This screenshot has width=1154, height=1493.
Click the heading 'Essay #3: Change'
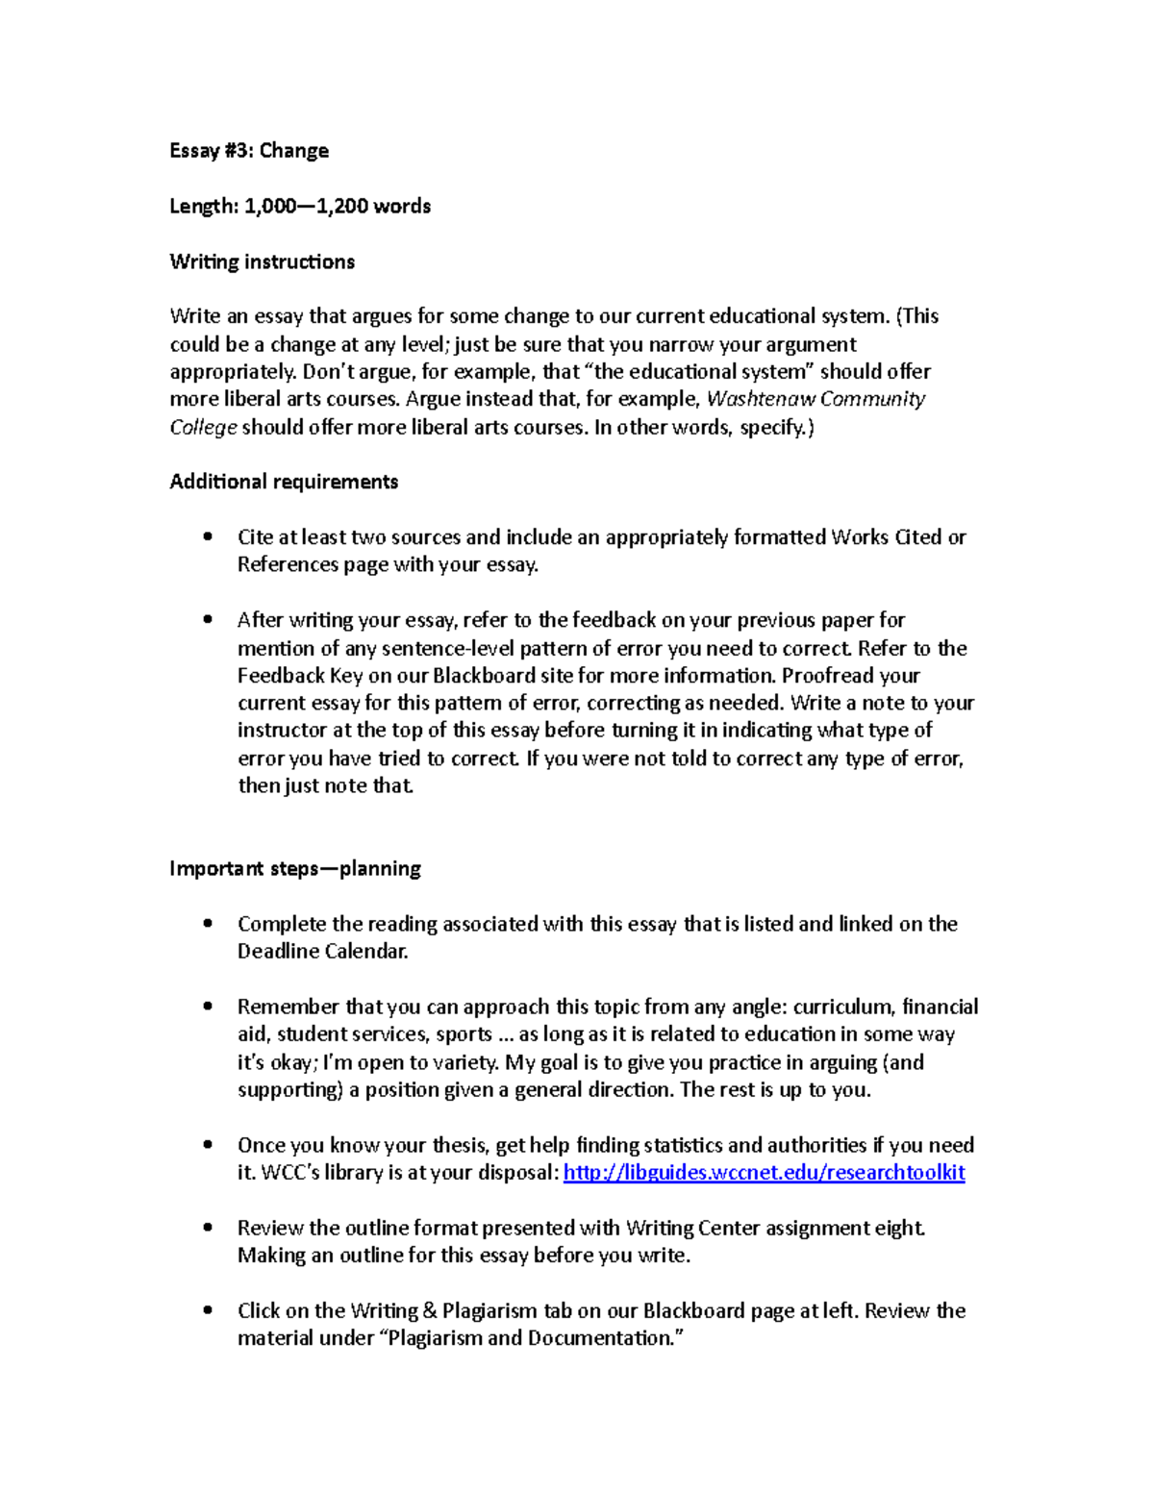(249, 151)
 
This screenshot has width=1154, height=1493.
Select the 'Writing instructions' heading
(262, 261)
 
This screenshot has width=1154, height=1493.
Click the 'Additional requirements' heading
(284, 482)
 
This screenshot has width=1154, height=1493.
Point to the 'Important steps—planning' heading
(295, 869)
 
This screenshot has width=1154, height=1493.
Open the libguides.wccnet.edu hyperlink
(764, 1173)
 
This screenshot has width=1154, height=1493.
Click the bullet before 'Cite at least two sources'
(208, 537)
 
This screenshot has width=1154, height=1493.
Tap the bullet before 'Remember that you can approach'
(208, 1007)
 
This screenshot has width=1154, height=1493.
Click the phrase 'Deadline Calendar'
(322, 952)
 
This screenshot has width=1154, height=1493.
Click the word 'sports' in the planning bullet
(464, 1035)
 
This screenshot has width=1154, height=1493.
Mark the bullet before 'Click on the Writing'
(208, 1310)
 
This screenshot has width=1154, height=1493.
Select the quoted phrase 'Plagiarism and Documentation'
(529, 1338)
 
